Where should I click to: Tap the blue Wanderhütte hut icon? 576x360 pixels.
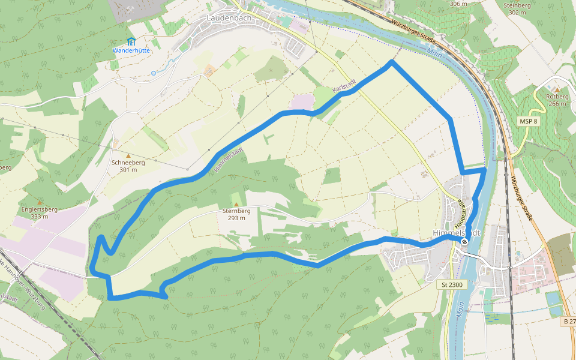(x=131, y=41)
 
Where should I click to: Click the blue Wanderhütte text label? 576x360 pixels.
(x=131, y=50)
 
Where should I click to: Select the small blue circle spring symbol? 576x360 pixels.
(x=154, y=73)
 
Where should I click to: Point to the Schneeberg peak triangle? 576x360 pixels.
(x=128, y=156)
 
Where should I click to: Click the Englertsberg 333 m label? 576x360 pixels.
(x=40, y=213)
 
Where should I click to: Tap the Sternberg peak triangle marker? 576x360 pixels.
(x=236, y=204)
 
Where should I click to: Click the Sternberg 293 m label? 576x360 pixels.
(x=236, y=214)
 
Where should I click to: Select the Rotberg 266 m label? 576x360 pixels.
(x=557, y=100)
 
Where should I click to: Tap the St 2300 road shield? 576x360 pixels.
(x=452, y=284)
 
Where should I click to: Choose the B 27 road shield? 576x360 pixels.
(x=569, y=322)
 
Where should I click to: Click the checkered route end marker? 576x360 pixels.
(x=464, y=242)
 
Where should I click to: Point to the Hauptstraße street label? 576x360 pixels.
(x=464, y=209)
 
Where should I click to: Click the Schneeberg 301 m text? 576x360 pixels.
(x=128, y=166)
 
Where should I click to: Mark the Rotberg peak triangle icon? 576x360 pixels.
(x=556, y=89)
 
